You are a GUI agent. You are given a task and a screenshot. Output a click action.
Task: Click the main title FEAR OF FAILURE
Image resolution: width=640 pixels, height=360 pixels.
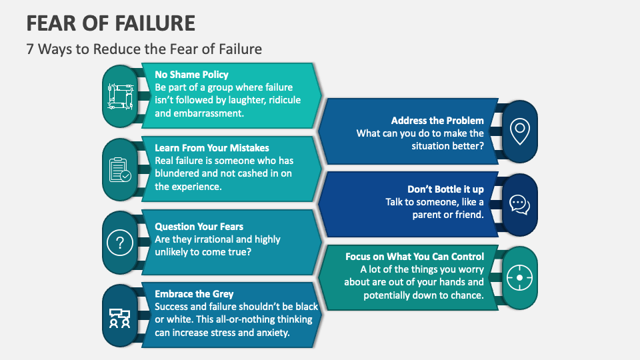pos(111,23)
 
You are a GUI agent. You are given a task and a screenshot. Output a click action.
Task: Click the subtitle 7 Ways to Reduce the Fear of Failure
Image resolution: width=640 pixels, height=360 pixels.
pos(144,49)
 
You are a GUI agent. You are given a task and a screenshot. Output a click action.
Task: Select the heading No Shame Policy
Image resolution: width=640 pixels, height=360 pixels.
pos(191,75)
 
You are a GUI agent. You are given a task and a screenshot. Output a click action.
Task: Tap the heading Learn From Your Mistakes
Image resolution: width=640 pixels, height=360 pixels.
pos(212,148)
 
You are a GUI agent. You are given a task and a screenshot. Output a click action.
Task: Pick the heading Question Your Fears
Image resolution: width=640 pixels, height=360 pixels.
pos(199,227)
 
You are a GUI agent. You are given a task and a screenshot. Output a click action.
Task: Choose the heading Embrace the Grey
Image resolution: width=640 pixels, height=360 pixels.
pos(194,294)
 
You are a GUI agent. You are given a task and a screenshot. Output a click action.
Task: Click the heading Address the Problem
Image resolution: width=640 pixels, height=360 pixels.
pos(437,121)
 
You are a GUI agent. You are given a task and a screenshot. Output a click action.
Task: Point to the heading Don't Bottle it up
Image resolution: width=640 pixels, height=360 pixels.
pos(446,189)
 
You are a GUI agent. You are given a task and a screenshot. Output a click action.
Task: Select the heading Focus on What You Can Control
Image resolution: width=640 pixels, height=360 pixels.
pos(415,257)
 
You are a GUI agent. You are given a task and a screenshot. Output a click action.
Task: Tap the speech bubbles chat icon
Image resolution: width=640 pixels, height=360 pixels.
pos(519,204)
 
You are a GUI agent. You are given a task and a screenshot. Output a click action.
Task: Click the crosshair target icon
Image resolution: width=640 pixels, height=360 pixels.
pos(519,278)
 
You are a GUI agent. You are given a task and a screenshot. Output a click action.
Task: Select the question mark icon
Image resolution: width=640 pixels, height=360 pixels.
pos(121,241)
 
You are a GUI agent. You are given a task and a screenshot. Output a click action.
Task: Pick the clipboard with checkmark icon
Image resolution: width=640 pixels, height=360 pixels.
pos(121,169)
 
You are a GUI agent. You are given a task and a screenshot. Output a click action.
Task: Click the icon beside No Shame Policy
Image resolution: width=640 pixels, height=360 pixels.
pos(121,97)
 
